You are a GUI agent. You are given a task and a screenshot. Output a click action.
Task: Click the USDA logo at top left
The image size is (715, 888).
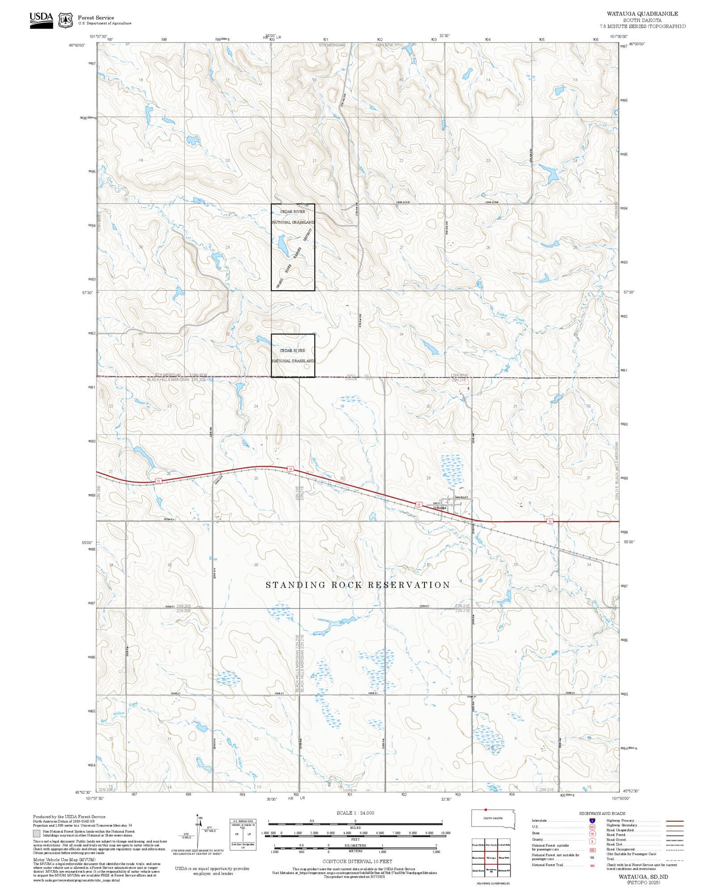tap(41, 20)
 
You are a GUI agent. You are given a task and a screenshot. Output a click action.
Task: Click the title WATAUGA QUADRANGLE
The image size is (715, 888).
tap(642, 14)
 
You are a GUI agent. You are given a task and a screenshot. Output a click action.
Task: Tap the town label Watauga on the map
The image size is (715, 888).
tap(439, 508)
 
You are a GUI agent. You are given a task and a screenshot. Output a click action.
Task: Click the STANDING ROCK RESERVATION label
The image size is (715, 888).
tap(357, 585)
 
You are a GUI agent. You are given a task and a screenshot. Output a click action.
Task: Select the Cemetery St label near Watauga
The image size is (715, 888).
tap(461, 497)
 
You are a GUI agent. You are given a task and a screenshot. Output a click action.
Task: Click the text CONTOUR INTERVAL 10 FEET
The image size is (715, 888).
tap(357, 861)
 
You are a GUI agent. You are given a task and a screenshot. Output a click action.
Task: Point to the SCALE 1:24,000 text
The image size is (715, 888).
tap(355, 813)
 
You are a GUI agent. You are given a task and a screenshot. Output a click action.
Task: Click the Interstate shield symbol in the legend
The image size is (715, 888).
tap(592, 821)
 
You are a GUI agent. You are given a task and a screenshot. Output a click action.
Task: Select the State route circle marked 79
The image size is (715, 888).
tap(592, 833)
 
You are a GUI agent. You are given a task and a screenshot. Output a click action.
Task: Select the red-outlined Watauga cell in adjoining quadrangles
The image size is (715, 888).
tap(492, 858)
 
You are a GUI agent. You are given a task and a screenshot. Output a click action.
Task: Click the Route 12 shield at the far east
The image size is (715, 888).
tap(550, 521)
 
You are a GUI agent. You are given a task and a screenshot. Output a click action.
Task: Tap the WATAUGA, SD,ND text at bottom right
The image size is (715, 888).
tap(643, 877)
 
